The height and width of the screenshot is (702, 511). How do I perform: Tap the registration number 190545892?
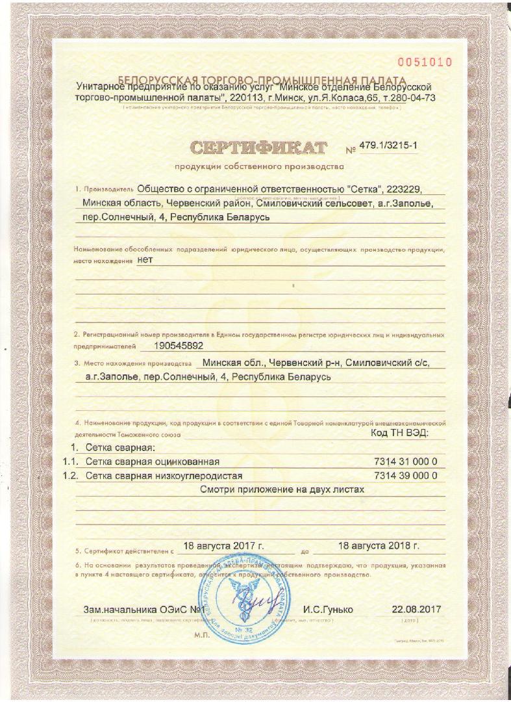point(188,346)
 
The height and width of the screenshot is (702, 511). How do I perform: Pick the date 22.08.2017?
point(416,610)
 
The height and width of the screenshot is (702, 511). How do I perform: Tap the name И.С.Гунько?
point(328,610)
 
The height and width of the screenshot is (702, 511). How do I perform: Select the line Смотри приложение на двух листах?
point(282,489)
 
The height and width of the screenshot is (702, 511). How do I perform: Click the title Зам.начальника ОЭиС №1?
point(144,610)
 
